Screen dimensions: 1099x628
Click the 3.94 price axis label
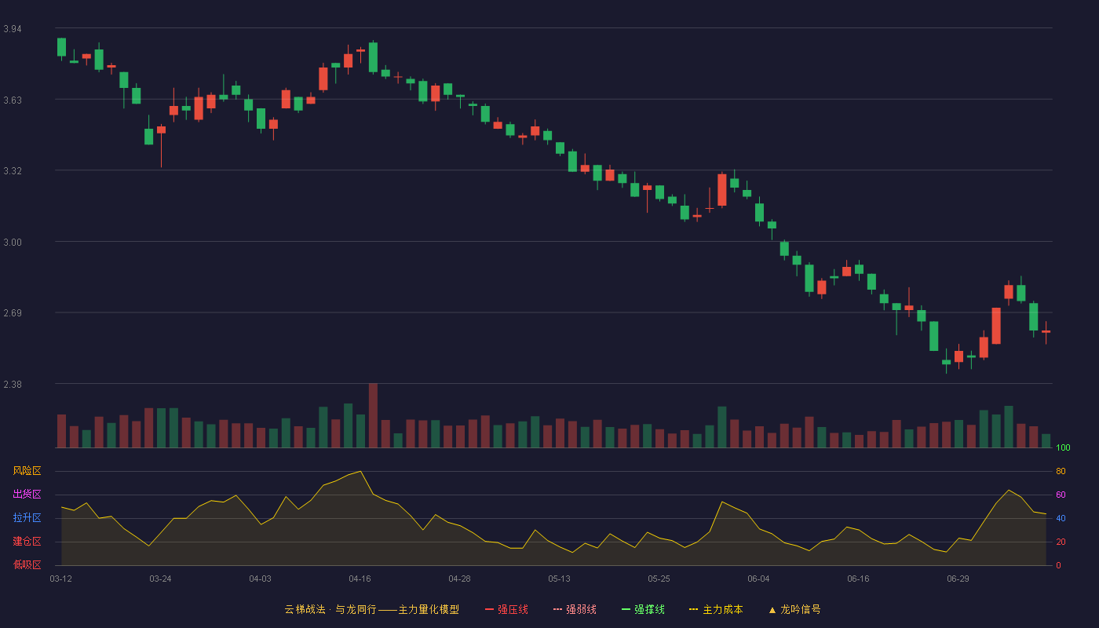pyautogui.click(x=13, y=29)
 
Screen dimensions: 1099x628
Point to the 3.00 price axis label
pyautogui.click(x=13, y=243)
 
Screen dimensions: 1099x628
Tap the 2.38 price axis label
pyautogui.click(x=13, y=384)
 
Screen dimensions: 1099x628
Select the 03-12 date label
pyautogui.click(x=61, y=579)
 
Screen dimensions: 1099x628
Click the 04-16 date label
pyautogui.click(x=360, y=579)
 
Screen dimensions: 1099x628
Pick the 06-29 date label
pyautogui.click(x=958, y=579)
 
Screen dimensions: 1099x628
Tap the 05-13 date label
pyautogui.click(x=559, y=579)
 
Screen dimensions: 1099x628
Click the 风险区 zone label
pyautogui.click(x=27, y=471)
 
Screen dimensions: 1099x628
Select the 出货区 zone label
pyautogui.click(x=27, y=494)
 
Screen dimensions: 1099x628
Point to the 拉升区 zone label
pyautogui.click(x=27, y=517)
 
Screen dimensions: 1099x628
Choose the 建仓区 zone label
pyautogui.click(x=27, y=541)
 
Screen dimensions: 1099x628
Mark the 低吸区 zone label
pyautogui.click(x=27, y=564)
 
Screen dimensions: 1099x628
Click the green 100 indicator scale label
pyautogui.click(x=1063, y=447)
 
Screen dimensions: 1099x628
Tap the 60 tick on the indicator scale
pyautogui.click(x=1061, y=495)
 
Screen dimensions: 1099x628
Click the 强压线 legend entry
pyautogui.click(x=506, y=609)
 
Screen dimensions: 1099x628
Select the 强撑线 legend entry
pyautogui.click(x=643, y=609)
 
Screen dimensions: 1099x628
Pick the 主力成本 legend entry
pyautogui.click(x=716, y=609)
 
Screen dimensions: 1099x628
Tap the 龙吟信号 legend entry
pyautogui.click(x=794, y=609)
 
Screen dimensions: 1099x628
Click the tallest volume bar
pyautogui.click(x=373, y=415)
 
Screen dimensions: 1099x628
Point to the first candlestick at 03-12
pyautogui.click(x=61, y=48)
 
